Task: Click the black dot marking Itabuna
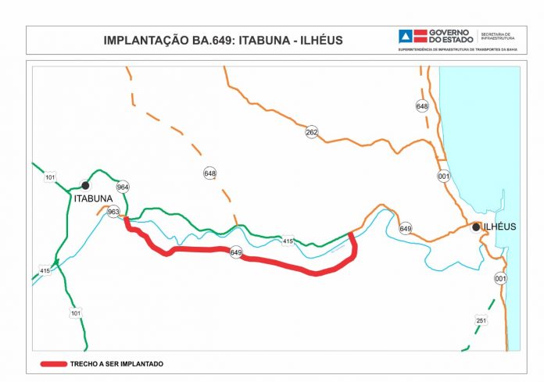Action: point(85,185)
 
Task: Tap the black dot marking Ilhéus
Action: point(474,227)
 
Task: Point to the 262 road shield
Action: point(312,132)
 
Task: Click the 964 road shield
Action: point(122,187)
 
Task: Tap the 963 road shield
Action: point(113,212)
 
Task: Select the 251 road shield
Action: point(481,320)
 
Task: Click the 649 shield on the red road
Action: point(236,252)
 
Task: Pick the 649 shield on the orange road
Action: point(405,229)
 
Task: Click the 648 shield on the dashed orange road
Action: point(209,173)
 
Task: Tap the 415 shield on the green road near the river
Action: point(288,241)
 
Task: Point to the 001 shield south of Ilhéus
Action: point(500,278)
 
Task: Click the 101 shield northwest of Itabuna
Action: point(51,178)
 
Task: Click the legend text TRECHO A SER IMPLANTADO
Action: point(116,363)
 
